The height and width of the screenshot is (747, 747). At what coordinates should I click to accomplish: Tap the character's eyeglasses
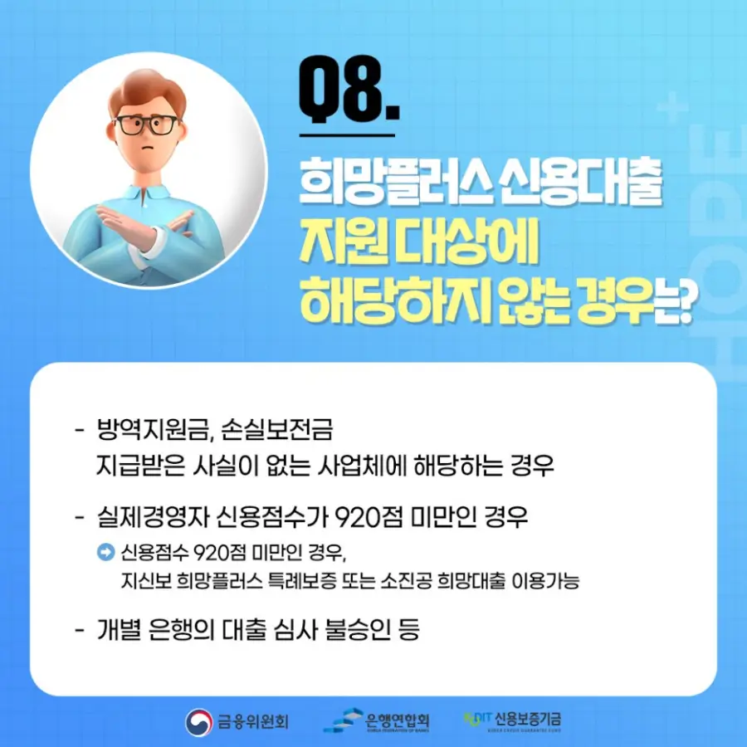click(147, 125)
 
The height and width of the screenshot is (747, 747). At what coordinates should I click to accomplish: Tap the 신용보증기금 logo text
click(526, 717)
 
